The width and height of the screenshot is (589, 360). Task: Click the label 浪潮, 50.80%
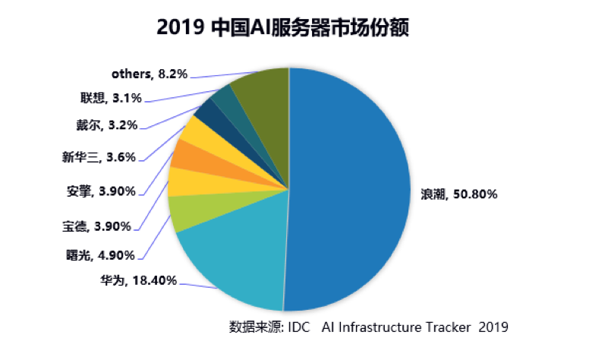(x=459, y=194)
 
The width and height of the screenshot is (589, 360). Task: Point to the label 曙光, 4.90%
(x=99, y=254)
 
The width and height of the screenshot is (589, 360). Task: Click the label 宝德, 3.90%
(x=96, y=226)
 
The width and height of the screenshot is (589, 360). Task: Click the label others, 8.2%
(x=149, y=74)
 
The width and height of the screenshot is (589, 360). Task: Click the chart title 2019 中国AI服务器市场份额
(x=288, y=28)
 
